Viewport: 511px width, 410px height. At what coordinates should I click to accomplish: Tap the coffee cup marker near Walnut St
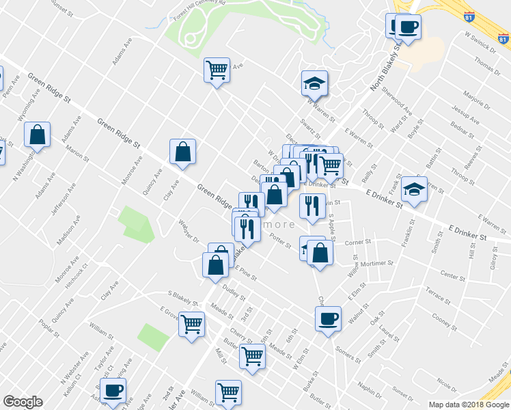coord(328,318)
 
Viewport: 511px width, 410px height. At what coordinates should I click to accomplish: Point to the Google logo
coord(23,402)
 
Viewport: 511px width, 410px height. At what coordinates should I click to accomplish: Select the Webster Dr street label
coord(187,234)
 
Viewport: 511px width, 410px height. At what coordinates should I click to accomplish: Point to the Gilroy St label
coord(493,258)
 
